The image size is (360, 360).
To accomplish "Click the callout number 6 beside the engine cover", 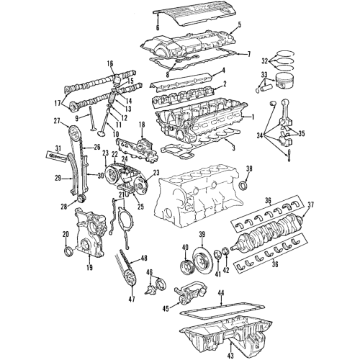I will (x=157, y=27).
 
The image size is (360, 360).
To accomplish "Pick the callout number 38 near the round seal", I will (x=250, y=169).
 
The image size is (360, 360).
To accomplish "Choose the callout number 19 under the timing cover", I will (x=89, y=267).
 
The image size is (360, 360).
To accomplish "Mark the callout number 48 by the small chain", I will (x=144, y=258).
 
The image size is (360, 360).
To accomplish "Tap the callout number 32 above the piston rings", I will (x=265, y=60).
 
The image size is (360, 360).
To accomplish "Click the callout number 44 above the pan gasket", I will (x=221, y=294).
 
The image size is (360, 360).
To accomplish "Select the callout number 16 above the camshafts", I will (x=111, y=65).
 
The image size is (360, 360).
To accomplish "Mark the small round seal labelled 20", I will (x=68, y=251).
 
